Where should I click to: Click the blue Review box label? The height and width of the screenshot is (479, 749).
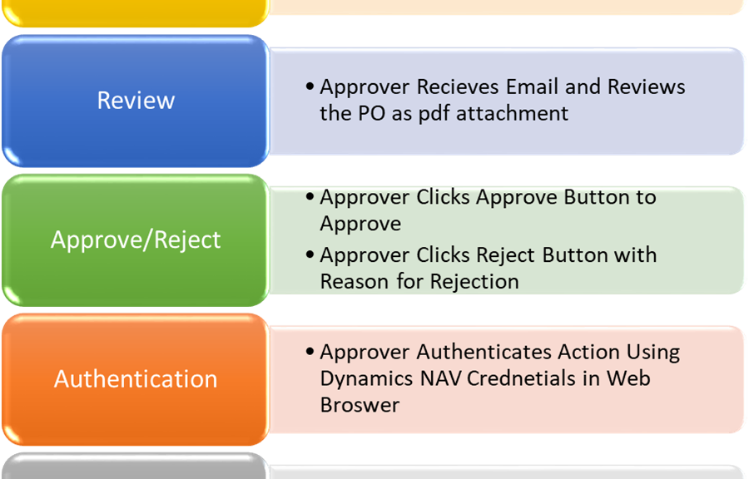pyautogui.click(x=136, y=100)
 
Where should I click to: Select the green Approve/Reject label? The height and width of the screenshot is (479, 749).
pyautogui.click(x=136, y=239)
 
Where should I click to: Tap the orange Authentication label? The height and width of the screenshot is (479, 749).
pyautogui.click(x=136, y=379)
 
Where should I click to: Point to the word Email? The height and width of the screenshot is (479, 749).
pyautogui.click(x=532, y=86)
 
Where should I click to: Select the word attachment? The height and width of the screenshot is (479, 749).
pyautogui.click(x=512, y=114)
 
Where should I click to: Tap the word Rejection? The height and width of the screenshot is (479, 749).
pyautogui.click(x=474, y=281)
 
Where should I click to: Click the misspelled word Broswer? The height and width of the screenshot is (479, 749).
pyautogui.click(x=360, y=405)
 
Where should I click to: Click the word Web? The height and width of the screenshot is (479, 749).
pyautogui.click(x=628, y=378)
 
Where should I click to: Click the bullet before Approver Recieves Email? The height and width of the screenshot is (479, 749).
pyautogui.click(x=310, y=86)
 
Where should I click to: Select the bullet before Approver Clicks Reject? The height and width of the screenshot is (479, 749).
pyautogui.click(x=310, y=254)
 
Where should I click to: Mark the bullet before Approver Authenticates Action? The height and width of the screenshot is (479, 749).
pyautogui.click(x=310, y=352)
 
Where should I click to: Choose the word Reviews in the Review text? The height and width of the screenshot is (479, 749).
pyautogui.click(x=647, y=86)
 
